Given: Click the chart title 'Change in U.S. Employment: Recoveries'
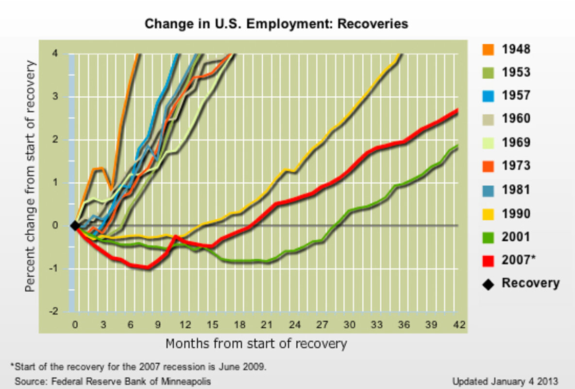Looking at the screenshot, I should (x=276, y=23).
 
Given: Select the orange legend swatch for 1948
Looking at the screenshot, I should (x=488, y=49).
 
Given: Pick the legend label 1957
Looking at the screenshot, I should (x=516, y=95).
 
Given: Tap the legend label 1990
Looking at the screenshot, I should (x=516, y=213).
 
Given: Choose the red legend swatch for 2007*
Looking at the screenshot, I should (x=488, y=260).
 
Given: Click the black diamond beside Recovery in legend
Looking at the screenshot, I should (x=488, y=284).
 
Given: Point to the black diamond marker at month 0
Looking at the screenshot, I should (x=75, y=225).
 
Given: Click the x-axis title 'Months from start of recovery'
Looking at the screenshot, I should (x=256, y=344).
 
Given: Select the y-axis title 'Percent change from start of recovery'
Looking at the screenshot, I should (x=31, y=176).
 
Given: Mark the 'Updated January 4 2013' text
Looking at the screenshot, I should (x=505, y=381).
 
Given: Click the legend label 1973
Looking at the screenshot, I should (x=516, y=166).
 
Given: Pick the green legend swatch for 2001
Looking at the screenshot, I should (x=488, y=237).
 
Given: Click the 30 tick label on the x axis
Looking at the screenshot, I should (x=348, y=324).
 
